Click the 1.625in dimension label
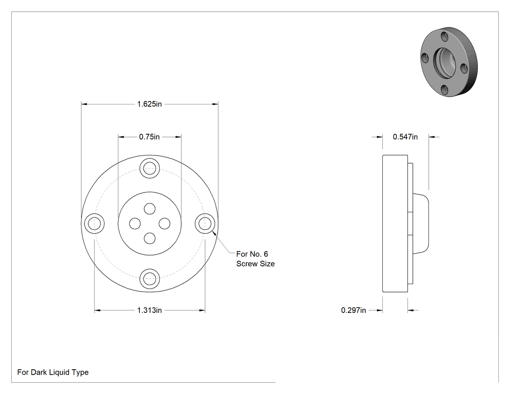[x=149, y=104]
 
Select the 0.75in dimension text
[x=149, y=137]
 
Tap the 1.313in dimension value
[x=149, y=310]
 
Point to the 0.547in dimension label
[x=405, y=137]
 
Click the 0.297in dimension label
[x=354, y=310]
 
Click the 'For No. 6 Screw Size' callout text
[x=255, y=259]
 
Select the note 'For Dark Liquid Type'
[x=52, y=373]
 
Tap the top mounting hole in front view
[x=150, y=169]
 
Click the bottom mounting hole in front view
[x=150, y=279]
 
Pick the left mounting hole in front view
[x=94, y=224]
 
